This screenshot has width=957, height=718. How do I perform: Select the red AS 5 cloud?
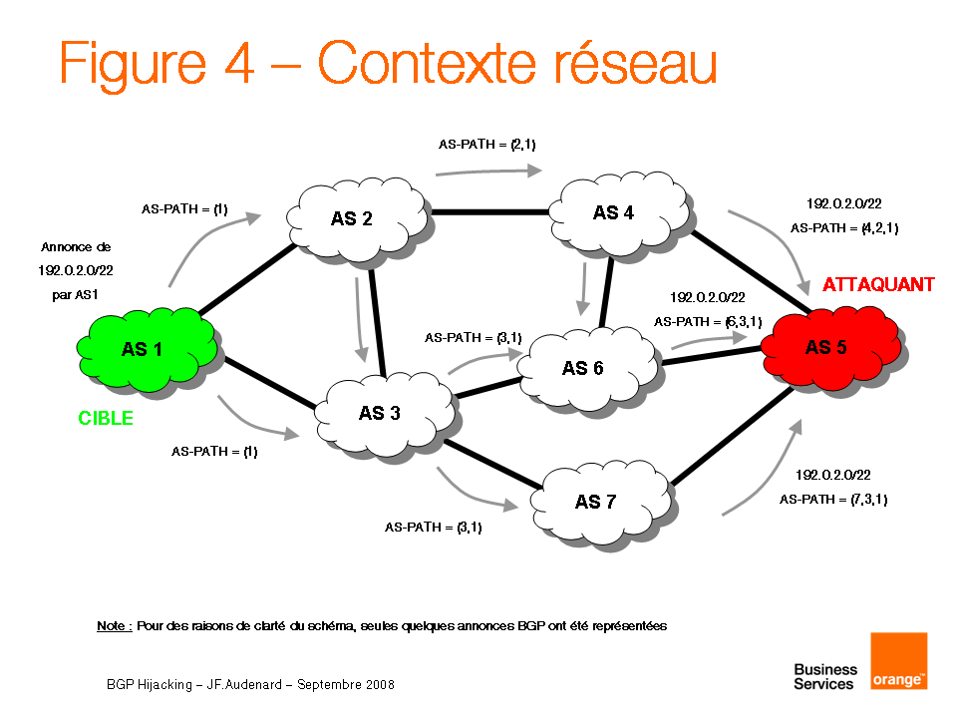pos(827,347)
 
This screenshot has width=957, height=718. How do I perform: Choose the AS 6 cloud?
pos(583,368)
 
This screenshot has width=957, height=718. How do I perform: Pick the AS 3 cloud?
pos(380,412)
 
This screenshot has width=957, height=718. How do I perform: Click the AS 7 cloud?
pos(595,501)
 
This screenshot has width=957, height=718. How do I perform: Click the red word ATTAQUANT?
pos(878,285)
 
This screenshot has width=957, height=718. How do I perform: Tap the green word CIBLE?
pos(106,418)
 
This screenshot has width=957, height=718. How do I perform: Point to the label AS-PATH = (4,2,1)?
pos(843,228)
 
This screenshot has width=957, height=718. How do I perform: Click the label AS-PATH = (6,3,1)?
pos(708,322)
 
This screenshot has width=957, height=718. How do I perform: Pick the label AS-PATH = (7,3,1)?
pos(833,499)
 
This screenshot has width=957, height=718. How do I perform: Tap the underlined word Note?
pos(114,626)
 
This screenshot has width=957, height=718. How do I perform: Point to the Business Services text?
pos(824,676)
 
